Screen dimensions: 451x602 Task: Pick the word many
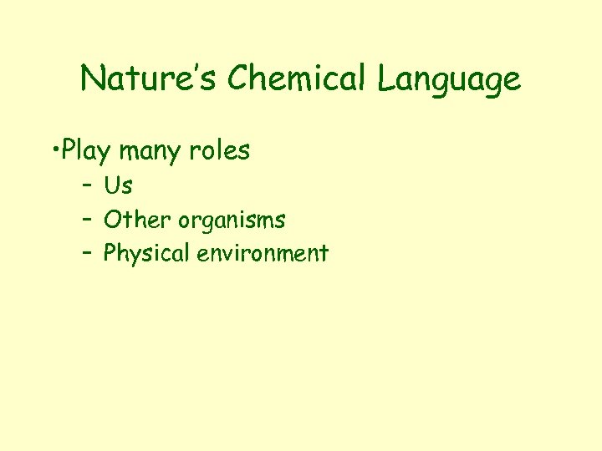coord(149,153)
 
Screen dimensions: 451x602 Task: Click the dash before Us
coord(87,185)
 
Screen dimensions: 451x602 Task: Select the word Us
coord(118,185)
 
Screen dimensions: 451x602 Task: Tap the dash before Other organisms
coord(87,220)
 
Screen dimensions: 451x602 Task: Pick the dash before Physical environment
coord(87,253)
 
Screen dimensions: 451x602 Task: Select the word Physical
coord(146,254)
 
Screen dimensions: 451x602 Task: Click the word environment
coord(263,253)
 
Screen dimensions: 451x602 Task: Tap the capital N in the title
coord(91,79)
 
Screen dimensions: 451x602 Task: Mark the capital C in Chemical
coord(237,79)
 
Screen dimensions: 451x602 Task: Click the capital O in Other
coord(112,220)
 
